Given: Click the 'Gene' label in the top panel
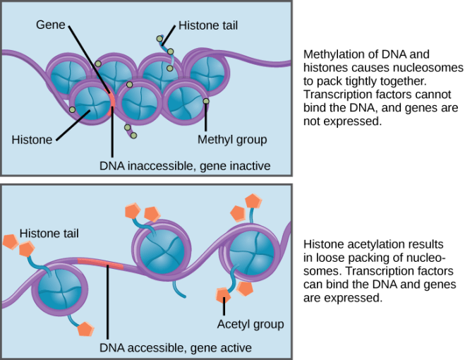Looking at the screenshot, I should point(52,25).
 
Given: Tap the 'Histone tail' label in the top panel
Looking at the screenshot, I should point(207,25).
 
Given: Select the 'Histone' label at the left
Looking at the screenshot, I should point(32,140).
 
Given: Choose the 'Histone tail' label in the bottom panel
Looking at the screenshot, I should point(49,232).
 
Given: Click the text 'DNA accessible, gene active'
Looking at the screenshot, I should point(176,348).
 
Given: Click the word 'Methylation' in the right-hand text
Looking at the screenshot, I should point(332,54).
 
